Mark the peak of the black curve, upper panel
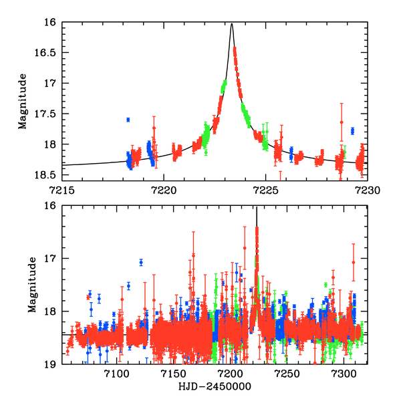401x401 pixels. [x=231, y=25]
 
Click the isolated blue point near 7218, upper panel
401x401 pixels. [x=128, y=120]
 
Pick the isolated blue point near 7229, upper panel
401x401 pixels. [x=352, y=130]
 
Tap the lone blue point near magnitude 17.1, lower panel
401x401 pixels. [x=141, y=262]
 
